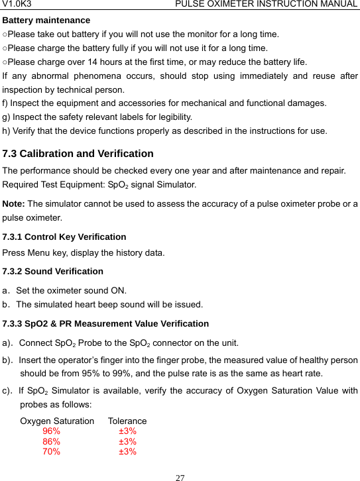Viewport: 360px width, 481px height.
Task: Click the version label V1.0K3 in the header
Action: [18, 5]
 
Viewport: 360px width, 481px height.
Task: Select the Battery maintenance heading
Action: [46, 21]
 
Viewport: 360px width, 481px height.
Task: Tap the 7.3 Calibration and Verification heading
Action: [78, 154]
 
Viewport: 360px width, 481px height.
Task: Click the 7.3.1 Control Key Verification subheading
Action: [64, 237]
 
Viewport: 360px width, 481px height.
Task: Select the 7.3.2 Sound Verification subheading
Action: [53, 271]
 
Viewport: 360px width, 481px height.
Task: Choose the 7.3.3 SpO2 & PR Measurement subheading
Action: [106, 324]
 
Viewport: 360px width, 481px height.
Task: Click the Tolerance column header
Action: [127, 421]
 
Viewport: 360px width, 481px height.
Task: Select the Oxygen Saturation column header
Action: [58, 421]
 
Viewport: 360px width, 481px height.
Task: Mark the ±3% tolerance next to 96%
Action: [128, 431]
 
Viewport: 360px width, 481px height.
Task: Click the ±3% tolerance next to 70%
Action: [128, 452]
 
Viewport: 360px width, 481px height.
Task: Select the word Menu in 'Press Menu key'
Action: [39, 252]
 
